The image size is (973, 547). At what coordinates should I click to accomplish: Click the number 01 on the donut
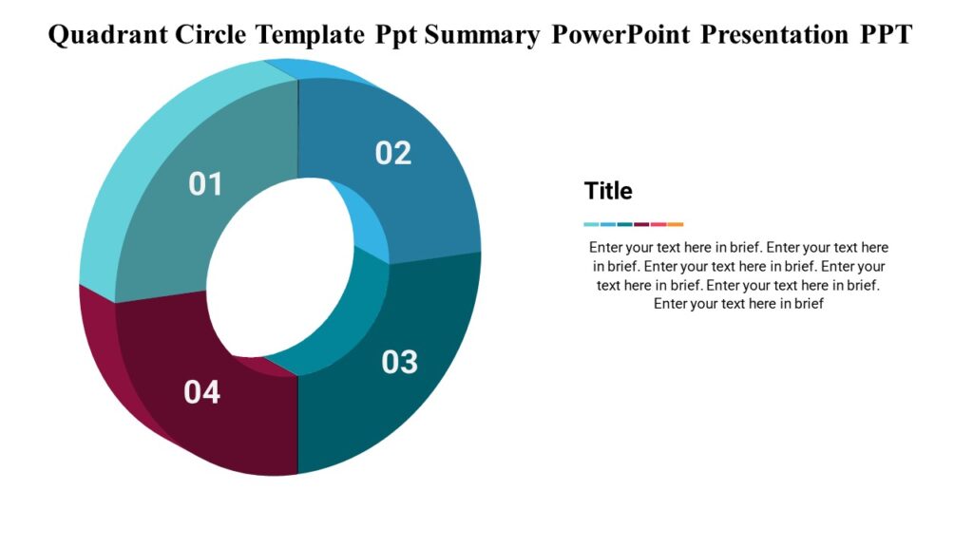[205, 183]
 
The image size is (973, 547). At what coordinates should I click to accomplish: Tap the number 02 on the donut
[392, 153]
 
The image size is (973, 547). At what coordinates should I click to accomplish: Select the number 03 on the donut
[400, 362]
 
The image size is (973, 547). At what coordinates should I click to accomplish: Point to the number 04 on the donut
[201, 391]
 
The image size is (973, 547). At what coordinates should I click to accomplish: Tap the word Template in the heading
[311, 35]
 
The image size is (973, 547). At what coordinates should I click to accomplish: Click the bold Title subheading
[608, 191]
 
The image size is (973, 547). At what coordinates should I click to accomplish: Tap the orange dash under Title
[676, 224]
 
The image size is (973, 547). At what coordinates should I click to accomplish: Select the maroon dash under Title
[641, 224]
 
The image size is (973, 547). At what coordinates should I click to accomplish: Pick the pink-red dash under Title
[658, 224]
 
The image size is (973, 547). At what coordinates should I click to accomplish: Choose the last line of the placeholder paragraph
[738, 304]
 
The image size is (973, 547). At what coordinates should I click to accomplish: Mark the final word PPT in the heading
[887, 35]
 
